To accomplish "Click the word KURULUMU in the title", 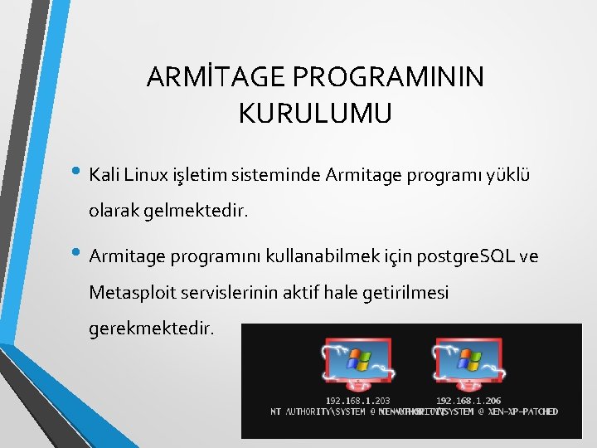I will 314,113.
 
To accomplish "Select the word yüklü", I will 510,175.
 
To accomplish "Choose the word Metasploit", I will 133,292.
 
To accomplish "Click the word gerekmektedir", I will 152,329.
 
